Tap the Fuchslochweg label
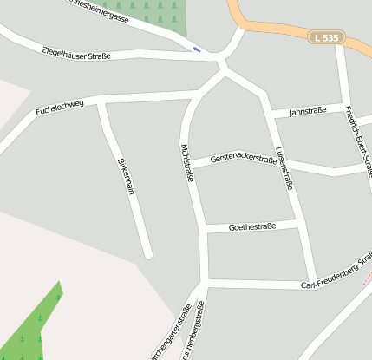60,108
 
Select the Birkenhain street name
126,176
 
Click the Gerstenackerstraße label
237,159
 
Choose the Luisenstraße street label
284,167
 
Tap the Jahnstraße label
306,112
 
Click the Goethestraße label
251,226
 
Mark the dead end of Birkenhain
148,254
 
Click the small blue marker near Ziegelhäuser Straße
197,49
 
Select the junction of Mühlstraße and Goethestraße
203,230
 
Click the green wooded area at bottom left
30,330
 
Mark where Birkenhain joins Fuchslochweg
102,102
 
